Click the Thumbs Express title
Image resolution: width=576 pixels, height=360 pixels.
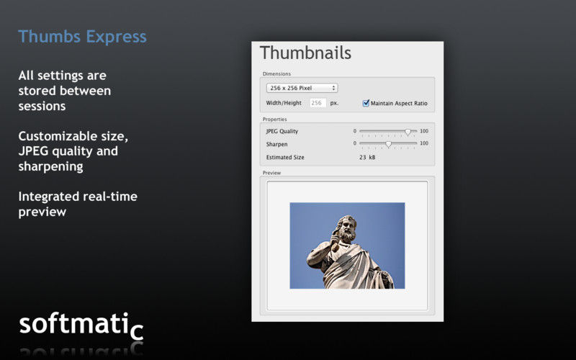pos(82,37)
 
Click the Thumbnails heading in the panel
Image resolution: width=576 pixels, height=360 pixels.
pos(305,53)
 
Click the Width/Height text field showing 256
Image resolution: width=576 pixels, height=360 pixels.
pos(318,103)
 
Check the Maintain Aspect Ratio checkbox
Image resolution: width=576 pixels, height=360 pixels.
pos(366,103)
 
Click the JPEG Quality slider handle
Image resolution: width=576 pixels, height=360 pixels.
pos(408,132)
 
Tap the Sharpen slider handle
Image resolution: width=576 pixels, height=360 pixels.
pos(388,144)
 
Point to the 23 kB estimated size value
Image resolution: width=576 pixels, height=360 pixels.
pos(367,157)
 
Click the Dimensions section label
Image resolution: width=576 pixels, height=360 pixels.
pos(276,74)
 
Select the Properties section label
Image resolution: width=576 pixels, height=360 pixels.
pos(275,120)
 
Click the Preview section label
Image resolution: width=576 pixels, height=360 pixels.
pos(272,173)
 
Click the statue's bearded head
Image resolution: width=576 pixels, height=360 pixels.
pos(346,228)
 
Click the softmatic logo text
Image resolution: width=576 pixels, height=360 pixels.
pos(81,325)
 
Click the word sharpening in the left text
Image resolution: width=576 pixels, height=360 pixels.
pos(50,166)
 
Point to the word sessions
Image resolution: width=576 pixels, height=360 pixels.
pos(42,106)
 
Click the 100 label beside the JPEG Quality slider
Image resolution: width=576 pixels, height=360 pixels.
pos(424,131)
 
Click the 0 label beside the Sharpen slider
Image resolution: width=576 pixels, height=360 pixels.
pos(355,143)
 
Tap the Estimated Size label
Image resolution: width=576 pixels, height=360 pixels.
pos(285,157)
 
